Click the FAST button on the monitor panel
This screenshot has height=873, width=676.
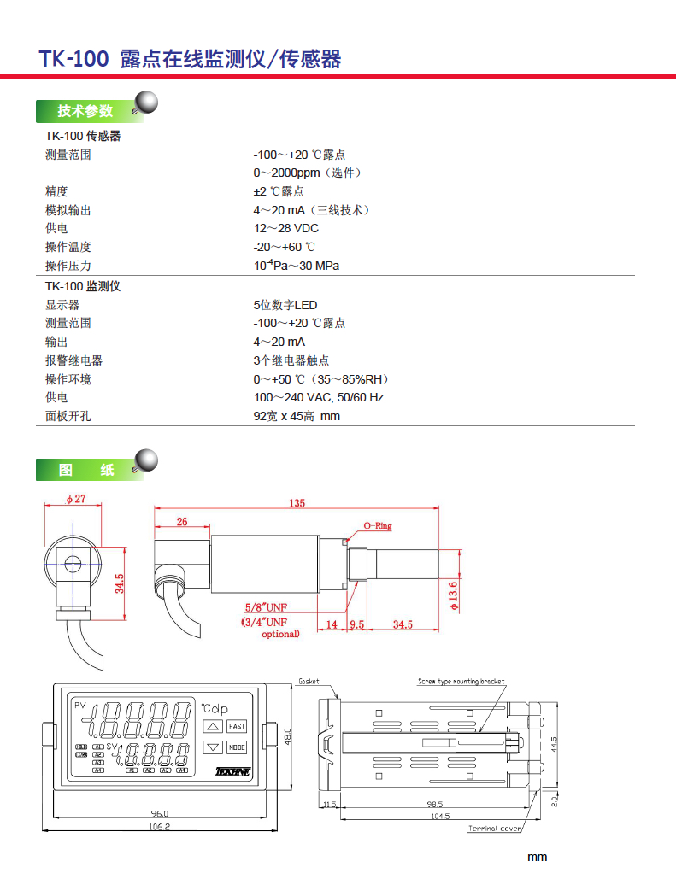pos(236,726)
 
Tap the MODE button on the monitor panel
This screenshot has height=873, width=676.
pos(236,747)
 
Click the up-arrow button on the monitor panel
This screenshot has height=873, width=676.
pos(213,727)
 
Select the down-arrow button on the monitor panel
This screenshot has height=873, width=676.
pos(213,747)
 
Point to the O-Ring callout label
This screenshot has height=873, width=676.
pos(378,526)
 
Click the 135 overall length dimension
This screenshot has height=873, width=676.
pos(297,503)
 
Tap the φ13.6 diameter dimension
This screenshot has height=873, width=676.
pos(454,589)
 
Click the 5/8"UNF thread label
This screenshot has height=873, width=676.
pos(266,607)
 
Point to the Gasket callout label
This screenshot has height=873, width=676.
pos(309,682)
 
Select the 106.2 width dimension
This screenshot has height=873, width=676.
pos(159,826)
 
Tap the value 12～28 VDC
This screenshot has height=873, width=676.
pos(285,229)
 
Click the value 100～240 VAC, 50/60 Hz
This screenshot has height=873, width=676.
pos(318,397)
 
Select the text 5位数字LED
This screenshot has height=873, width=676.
pos(285,305)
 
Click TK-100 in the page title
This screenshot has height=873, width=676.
pos(73,58)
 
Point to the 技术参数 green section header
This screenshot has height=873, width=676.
pos(85,111)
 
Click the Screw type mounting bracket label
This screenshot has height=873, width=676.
pos(461,682)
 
